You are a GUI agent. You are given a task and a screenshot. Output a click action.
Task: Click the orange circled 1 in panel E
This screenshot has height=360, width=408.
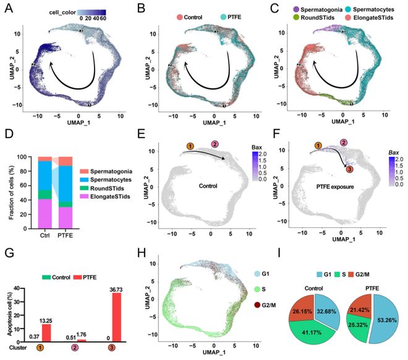[x=190, y=146]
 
